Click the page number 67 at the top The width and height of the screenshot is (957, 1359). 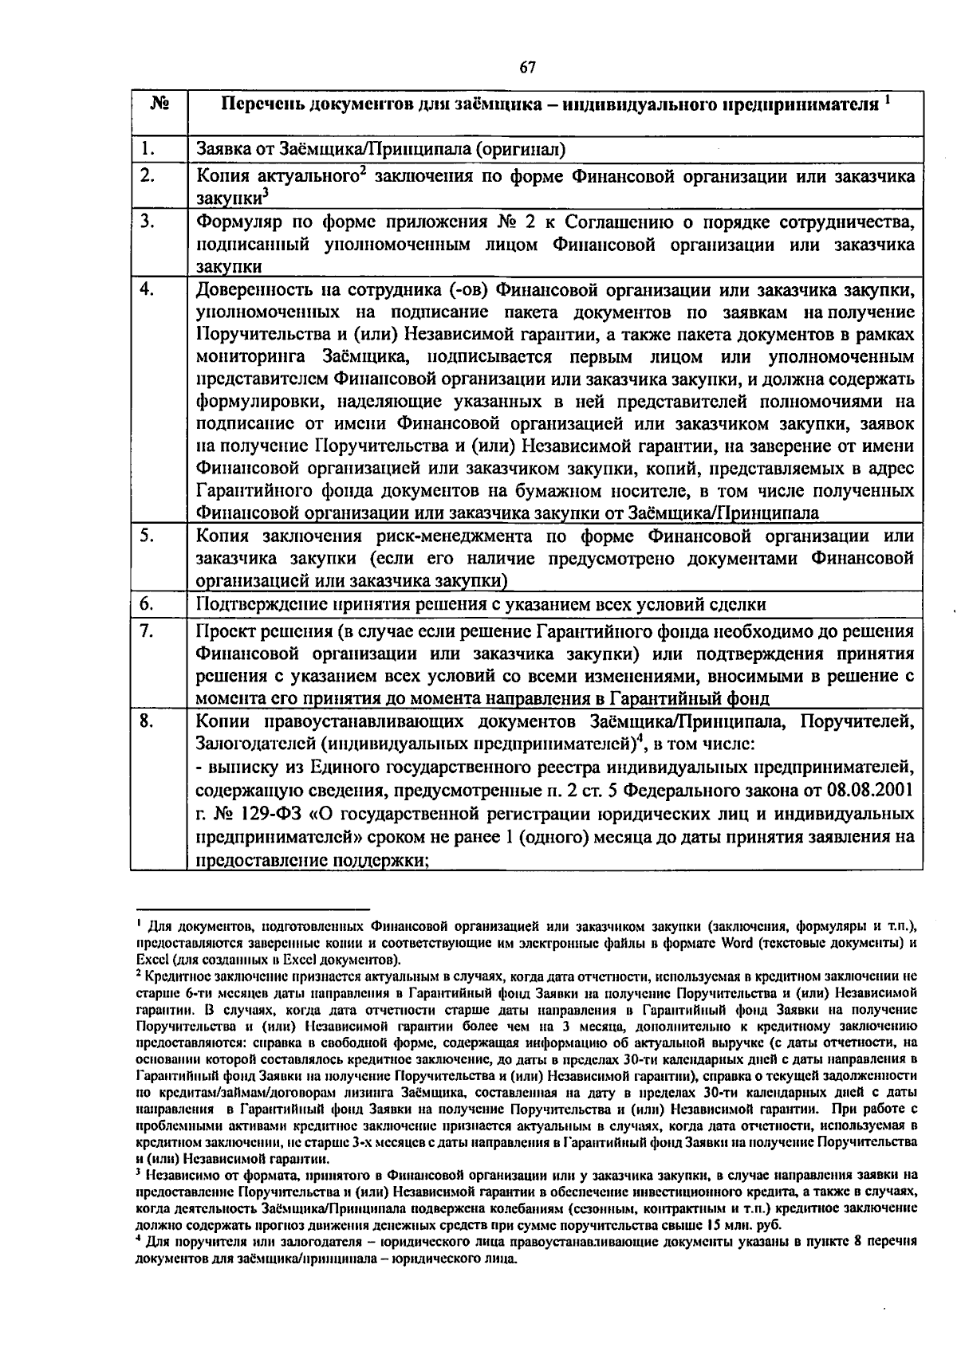[x=527, y=68]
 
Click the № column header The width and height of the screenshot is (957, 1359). [x=158, y=104]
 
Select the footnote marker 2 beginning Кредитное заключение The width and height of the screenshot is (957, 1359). [x=139, y=974]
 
